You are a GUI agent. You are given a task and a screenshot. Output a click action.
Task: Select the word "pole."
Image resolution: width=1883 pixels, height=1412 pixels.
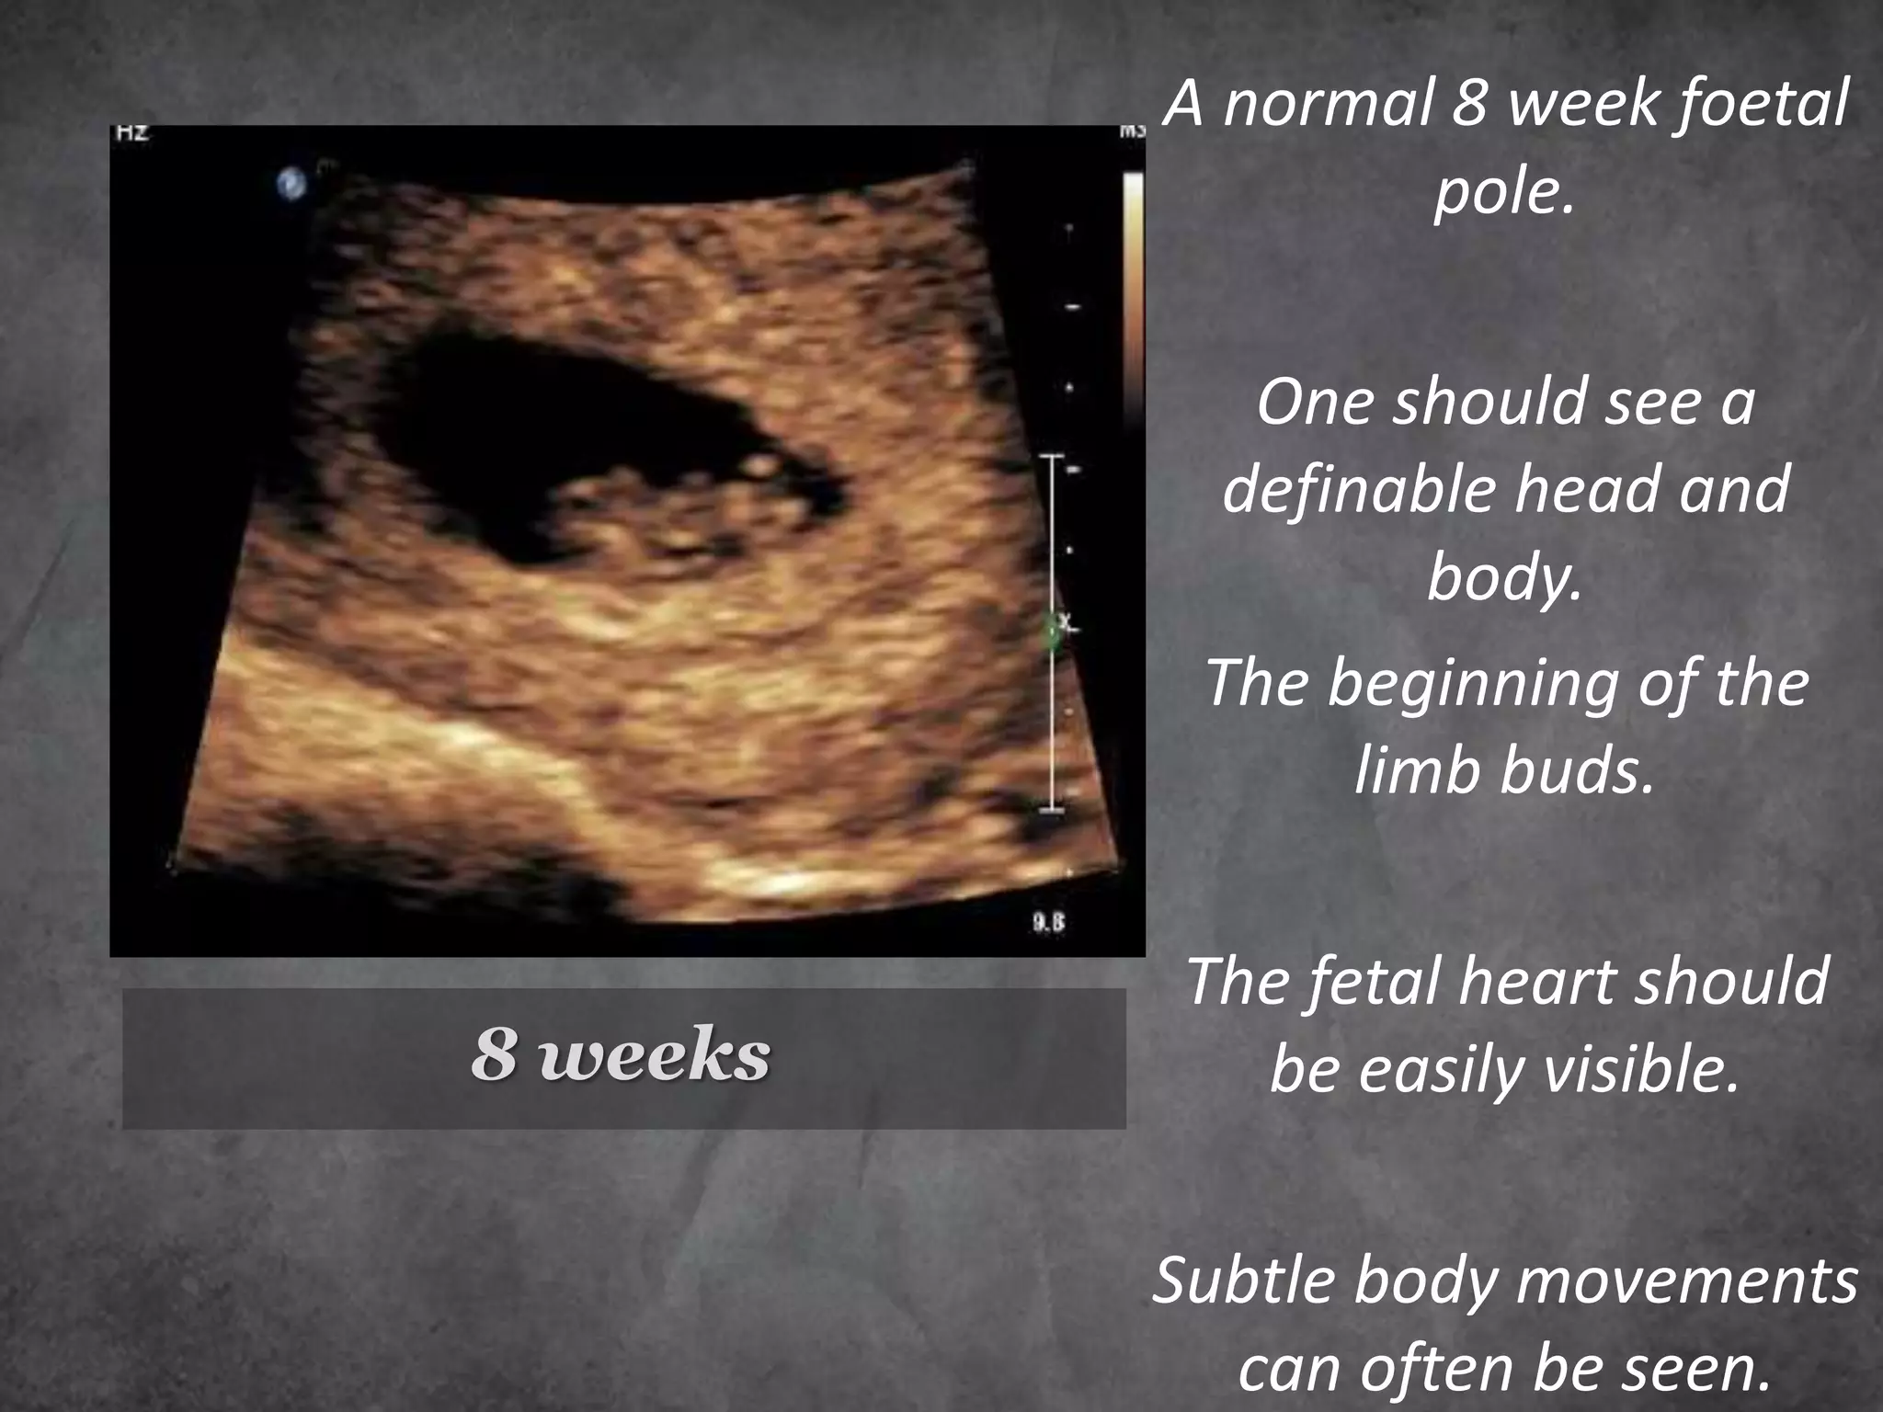(1505, 192)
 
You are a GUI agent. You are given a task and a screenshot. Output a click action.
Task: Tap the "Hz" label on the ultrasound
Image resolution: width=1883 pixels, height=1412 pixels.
(131, 132)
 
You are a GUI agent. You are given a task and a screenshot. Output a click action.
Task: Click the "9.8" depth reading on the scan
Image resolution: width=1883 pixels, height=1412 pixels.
(1048, 923)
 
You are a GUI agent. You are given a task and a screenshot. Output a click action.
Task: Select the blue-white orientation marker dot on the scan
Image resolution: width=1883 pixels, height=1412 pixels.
(291, 184)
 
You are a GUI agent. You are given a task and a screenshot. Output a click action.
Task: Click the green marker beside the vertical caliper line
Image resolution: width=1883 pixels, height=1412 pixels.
(1052, 633)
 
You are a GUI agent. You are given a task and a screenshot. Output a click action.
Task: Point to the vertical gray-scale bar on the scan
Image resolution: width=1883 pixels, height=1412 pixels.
(1134, 276)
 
